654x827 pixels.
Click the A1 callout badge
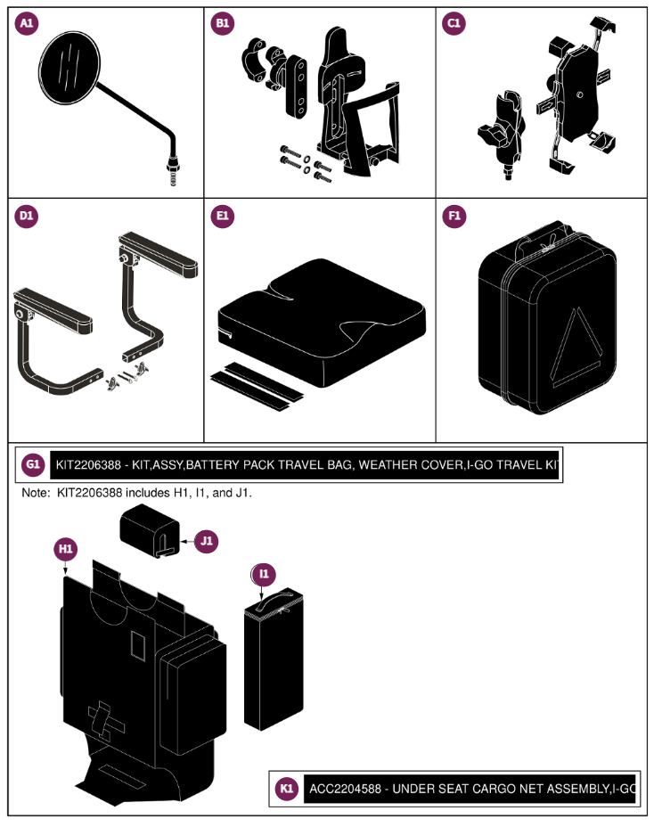pyautogui.click(x=29, y=25)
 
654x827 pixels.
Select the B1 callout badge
pyautogui.click(x=222, y=25)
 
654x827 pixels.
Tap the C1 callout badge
pyautogui.click(x=454, y=25)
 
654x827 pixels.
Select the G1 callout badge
pyautogui.click(x=33, y=464)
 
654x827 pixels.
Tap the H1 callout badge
pyautogui.click(x=65, y=550)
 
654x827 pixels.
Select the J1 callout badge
pyautogui.click(x=207, y=540)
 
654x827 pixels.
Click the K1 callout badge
pyautogui.click(x=286, y=789)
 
